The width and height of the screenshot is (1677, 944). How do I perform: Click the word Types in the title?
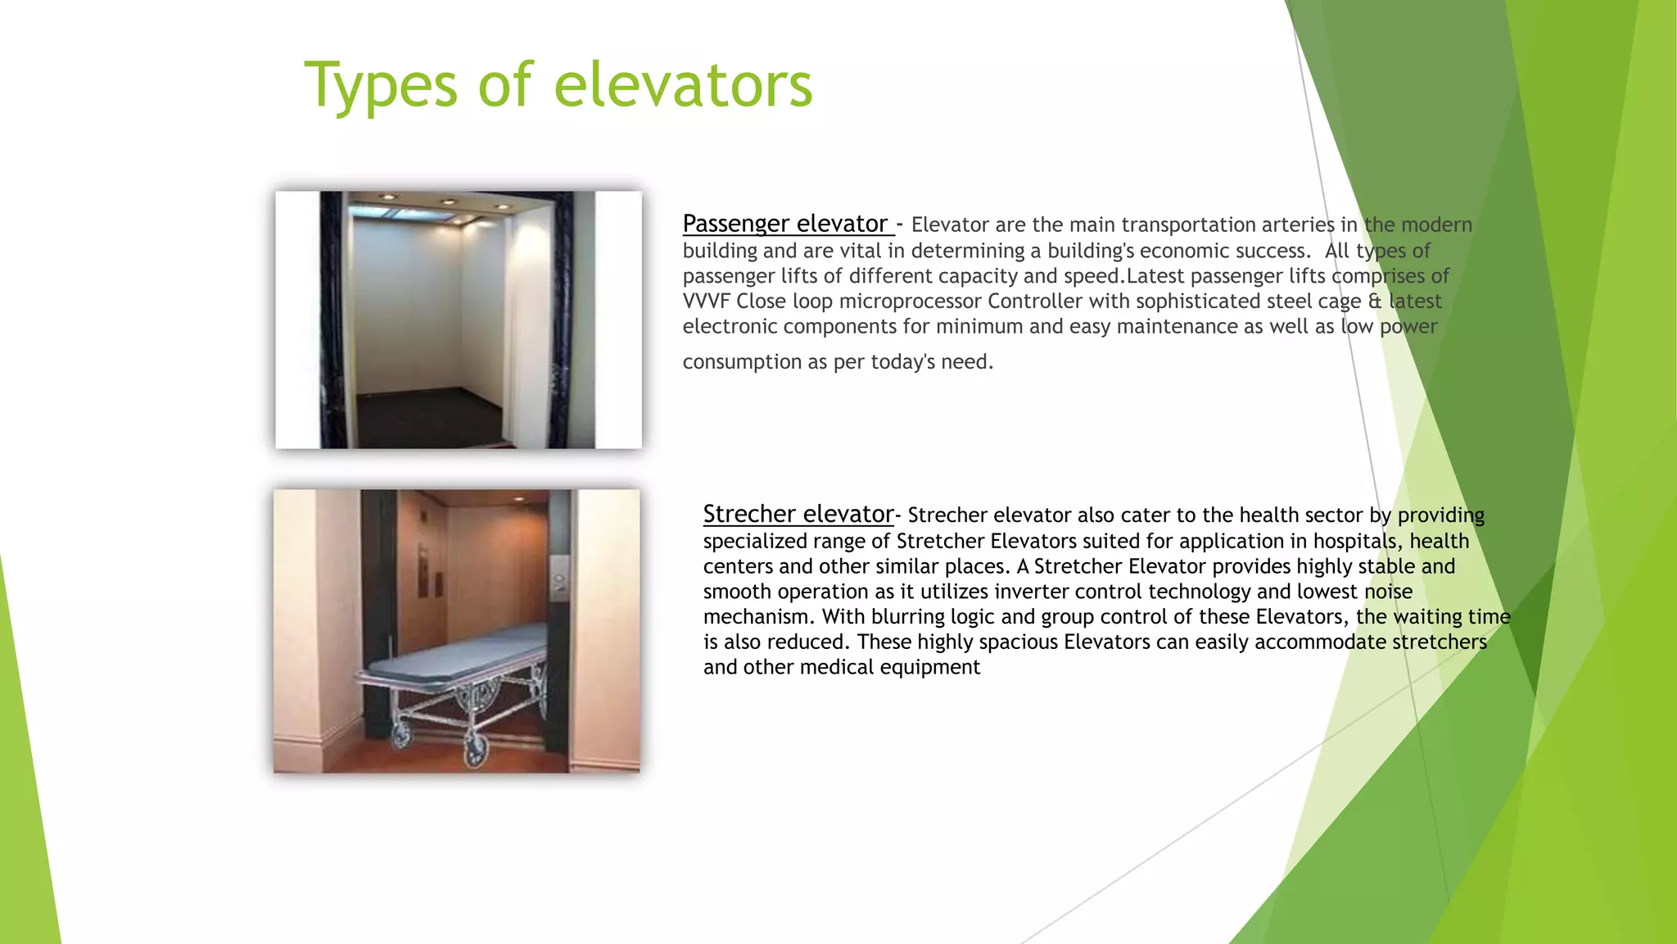point(380,86)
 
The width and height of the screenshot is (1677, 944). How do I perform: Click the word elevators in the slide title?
point(683,86)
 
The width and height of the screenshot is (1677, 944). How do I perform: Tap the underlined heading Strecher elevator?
point(798,514)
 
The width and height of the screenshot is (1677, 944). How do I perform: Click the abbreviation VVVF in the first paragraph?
point(706,302)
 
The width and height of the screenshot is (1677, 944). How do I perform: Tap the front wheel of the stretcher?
point(474,750)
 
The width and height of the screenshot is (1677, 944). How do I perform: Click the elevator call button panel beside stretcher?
point(560,579)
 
